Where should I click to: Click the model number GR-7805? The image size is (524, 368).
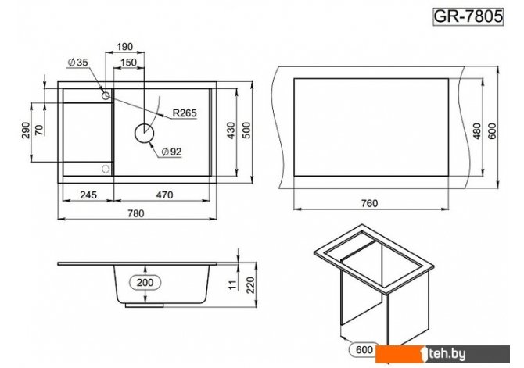468,16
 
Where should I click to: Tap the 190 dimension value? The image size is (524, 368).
124,47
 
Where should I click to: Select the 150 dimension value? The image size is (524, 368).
128,63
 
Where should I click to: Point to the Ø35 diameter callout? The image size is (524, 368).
78,62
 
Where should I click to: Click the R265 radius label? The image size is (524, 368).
185,113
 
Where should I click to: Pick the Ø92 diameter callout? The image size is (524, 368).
171,152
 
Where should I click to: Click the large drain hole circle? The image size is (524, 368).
145,133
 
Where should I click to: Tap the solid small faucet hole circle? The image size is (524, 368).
106,96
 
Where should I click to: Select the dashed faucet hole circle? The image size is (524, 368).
106,169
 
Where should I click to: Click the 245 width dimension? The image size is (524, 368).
88,195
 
